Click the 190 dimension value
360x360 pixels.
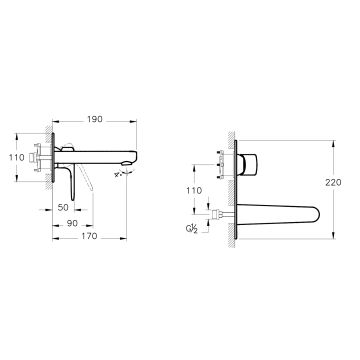pos(95,119)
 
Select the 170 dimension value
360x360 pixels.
pos(90,236)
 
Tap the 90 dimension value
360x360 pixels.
pos(72,223)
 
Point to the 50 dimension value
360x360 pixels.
pos(63,207)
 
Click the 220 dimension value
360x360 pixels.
pos(333,182)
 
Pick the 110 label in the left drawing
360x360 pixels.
pos(17,157)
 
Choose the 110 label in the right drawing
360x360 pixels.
pos(194,190)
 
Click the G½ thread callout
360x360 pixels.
pos(192,229)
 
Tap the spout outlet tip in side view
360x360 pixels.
pos(129,163)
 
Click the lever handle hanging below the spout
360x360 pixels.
pos(71,183)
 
